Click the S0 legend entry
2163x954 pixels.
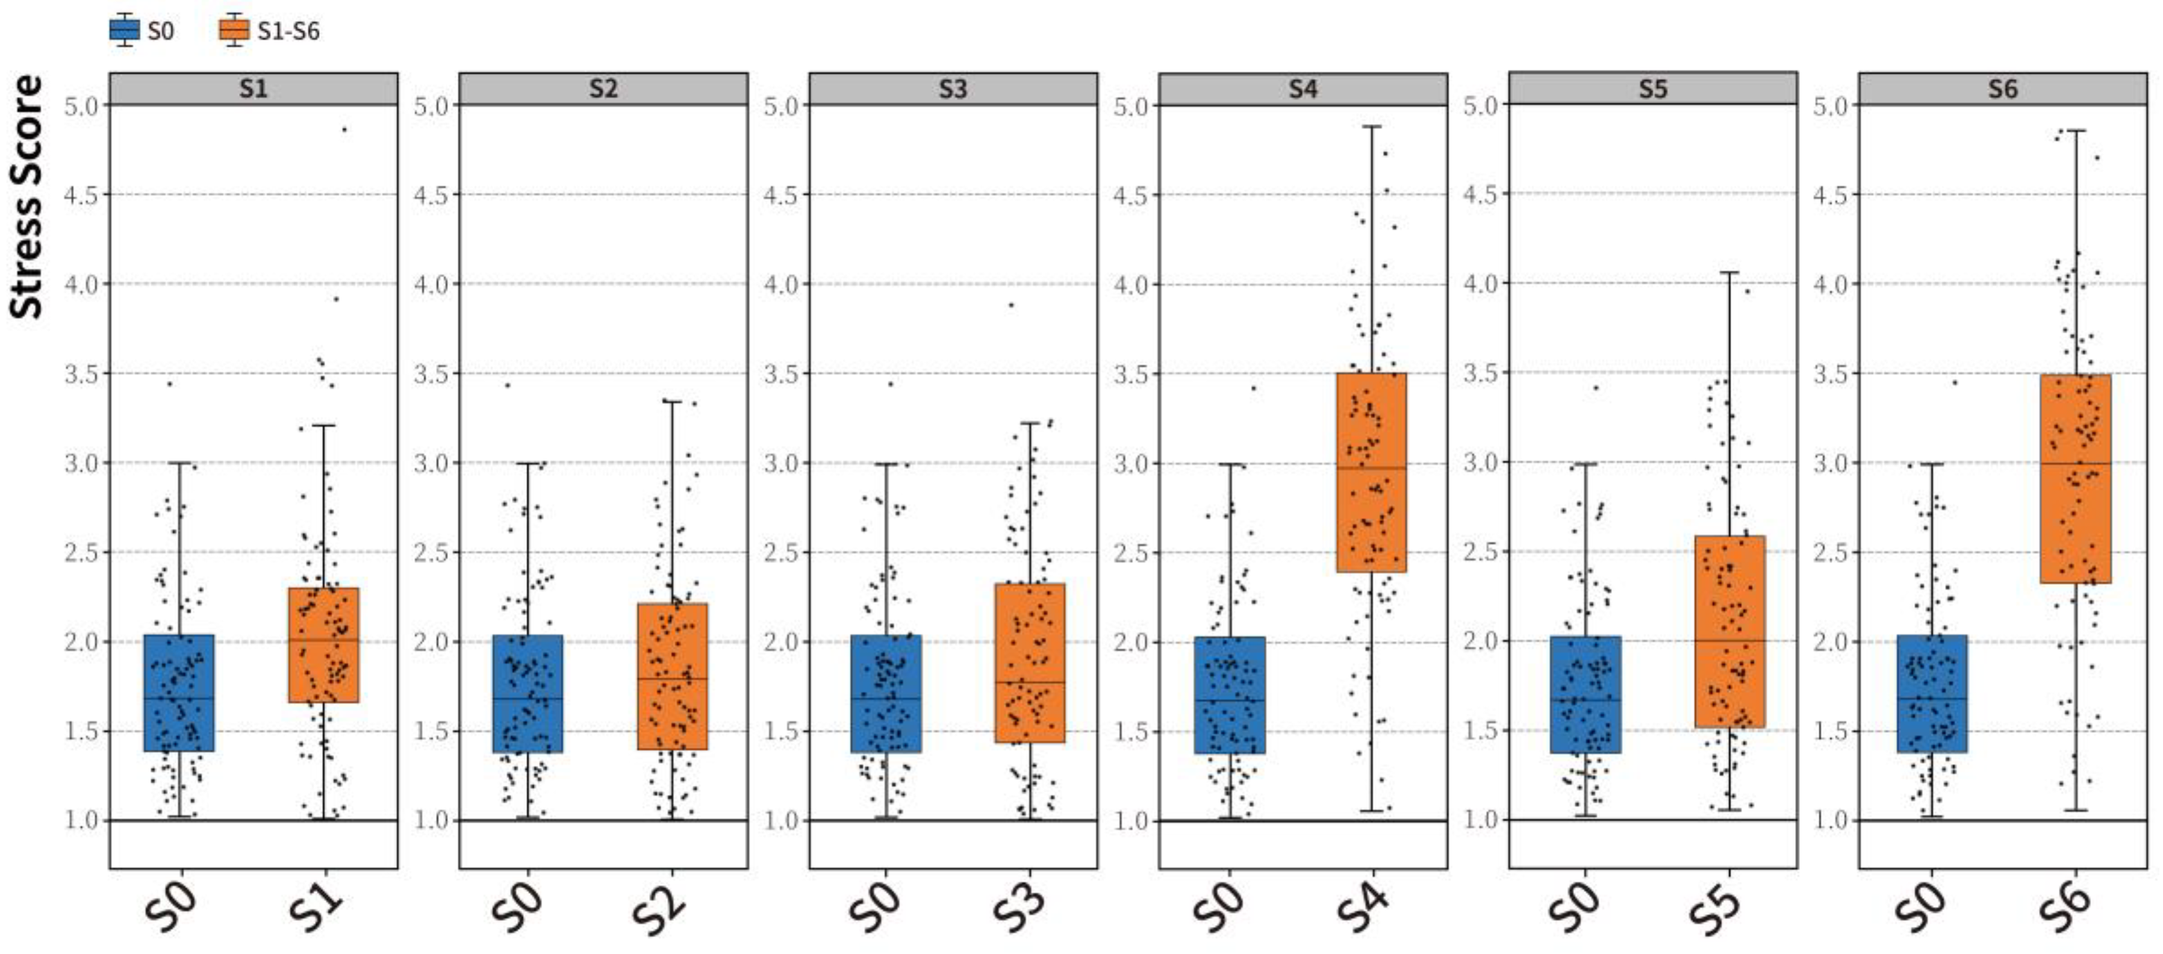(x=143, y=31)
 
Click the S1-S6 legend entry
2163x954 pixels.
(x=270, y=31)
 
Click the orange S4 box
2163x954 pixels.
(x=1371, y=473)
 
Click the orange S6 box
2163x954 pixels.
(x=2075, y=479)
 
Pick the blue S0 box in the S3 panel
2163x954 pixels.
(x=886, y=694)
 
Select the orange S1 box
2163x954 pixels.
(x=323, y=645)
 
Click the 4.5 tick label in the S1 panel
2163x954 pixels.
(x=81, y=195)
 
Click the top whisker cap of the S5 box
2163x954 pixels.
(x=1729, y=272)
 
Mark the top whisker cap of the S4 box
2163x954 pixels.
(x=1371, y=127)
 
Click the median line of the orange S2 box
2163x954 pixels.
(x=672, y=679)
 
